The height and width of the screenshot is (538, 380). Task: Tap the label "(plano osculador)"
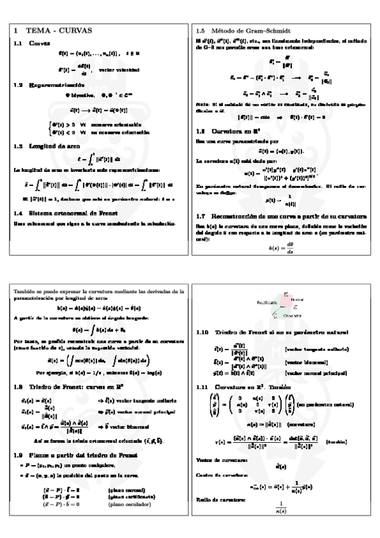coord(129,504)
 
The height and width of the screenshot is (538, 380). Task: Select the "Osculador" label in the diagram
coord(292,315)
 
